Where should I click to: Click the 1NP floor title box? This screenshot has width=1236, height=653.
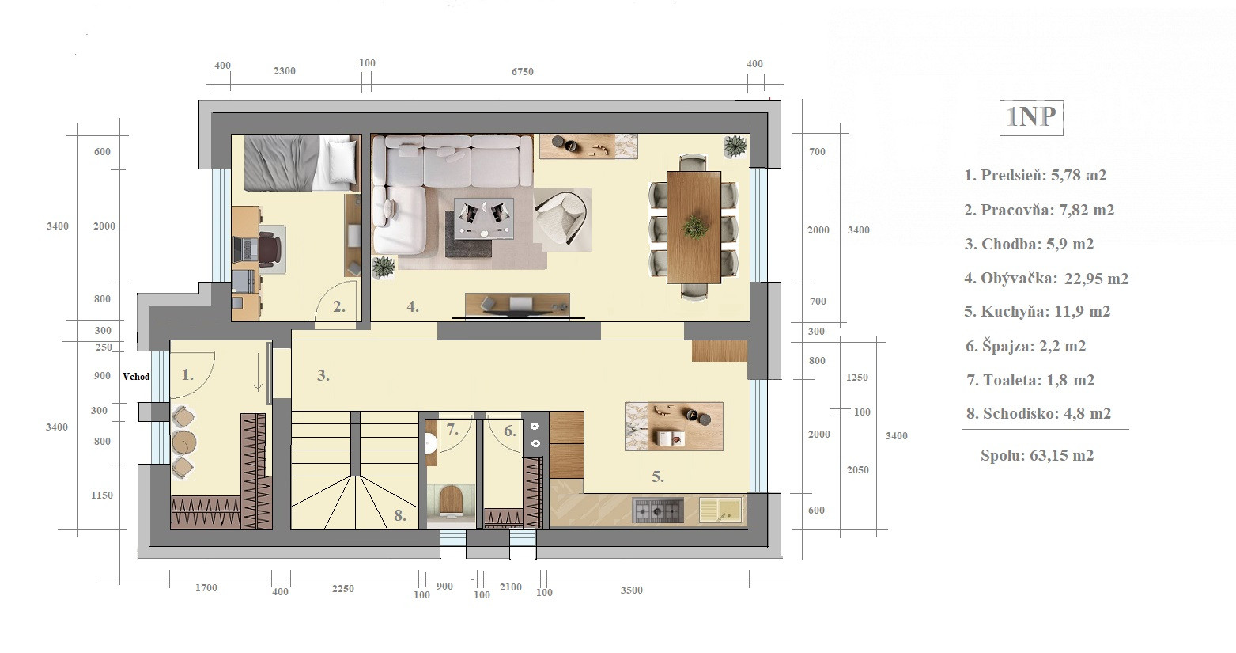coord(1030,117)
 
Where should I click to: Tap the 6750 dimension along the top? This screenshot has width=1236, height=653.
coord(523,72)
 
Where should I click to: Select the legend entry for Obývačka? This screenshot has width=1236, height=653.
coord(1046,279)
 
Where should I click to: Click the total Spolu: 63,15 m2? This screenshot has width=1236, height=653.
coord(1037,455)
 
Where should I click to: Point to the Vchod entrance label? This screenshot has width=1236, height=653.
coord(136,376)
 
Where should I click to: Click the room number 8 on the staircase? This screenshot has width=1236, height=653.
coord(400,516)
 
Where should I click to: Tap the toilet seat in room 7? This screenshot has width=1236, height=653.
coord(450,500)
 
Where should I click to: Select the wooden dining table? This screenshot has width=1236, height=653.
coord(694,227)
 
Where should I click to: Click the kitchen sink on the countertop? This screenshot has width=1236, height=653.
coord(720,510)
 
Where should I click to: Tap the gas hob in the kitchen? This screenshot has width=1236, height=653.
coord(658,511)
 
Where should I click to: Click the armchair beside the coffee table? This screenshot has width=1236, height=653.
coord(561,219)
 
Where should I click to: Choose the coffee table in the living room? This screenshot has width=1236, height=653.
coord(484,218)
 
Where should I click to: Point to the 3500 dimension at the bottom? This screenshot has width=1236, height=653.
coord(631,590)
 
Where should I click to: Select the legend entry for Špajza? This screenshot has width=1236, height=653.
coord(1026,347)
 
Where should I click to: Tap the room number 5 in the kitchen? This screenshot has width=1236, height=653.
coord(657,476)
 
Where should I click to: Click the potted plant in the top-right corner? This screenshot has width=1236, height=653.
coord(735,146)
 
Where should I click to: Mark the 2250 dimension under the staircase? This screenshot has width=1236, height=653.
coord(342,589)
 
